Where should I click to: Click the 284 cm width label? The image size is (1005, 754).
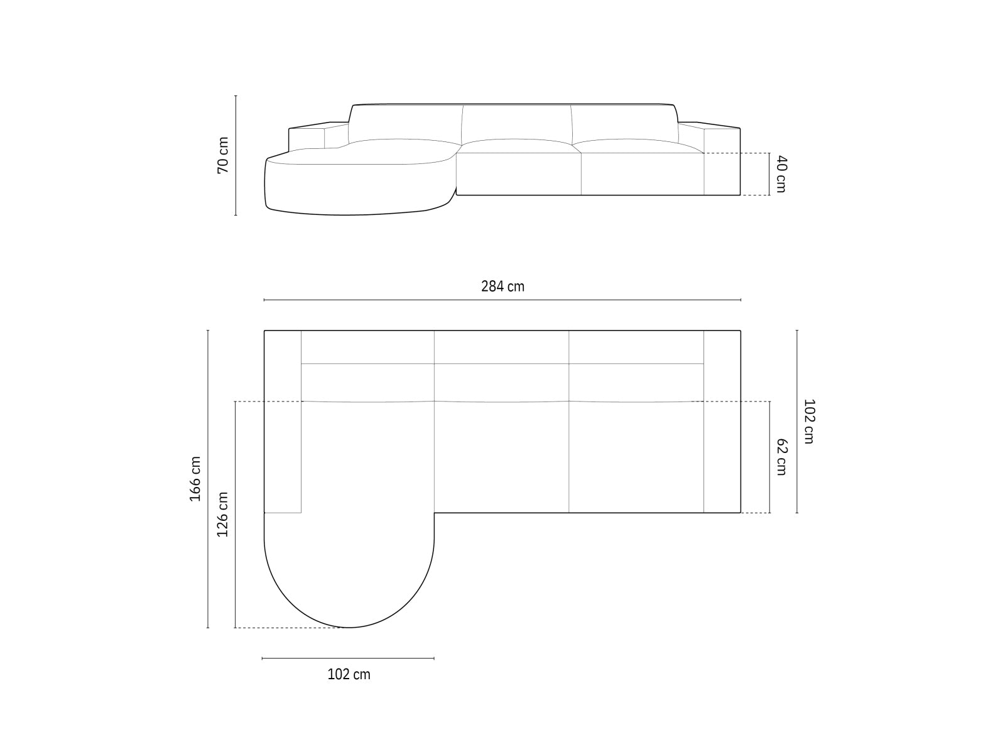503,287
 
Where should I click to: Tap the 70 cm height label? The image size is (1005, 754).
223,155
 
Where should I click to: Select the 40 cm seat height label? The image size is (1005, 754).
780,174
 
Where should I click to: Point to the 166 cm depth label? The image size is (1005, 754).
195,479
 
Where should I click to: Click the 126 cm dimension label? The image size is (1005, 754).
222,514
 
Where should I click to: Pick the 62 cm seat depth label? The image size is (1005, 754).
781,457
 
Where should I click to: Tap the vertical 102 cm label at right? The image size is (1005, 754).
808,421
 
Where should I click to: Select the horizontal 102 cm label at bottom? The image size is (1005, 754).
349,675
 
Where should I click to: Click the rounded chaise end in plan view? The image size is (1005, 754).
349,578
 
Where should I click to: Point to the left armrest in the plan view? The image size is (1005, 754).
282,421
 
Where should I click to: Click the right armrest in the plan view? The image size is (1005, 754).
722,421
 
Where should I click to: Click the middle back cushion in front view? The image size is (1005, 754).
516,123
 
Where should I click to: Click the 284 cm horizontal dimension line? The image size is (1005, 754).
503,300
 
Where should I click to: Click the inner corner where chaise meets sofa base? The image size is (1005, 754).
434,513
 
